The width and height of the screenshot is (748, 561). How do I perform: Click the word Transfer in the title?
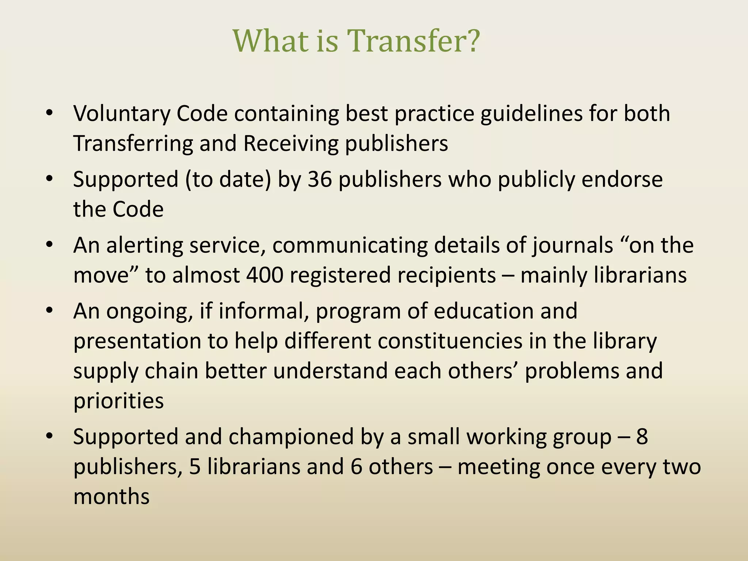pyautogui.click(x=405, y=41)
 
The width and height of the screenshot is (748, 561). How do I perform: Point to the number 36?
pyautogui.click(x=320, y=180)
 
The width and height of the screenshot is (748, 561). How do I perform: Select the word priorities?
pyautogui.click(x=118, y=401)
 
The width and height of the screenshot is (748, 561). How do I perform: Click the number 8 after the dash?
pyautogui.click(x=642, y=437)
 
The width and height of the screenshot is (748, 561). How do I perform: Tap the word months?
pyautogui.click(x=111, y=497)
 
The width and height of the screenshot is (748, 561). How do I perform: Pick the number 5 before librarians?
pyautogui.click(x=195, y=467)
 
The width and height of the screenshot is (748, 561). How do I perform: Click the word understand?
pyautogui.click(x=330, y=371)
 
